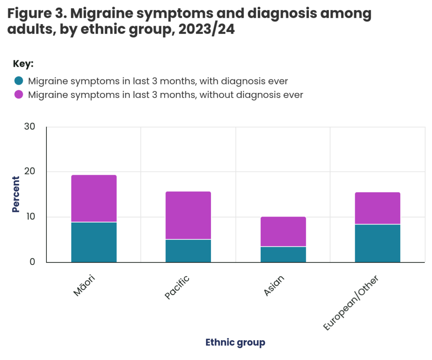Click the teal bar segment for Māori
94,242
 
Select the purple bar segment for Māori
94,198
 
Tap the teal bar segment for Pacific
188,251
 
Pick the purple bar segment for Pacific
188,215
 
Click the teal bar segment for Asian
283,254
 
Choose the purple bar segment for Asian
283,231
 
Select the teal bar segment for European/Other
377,243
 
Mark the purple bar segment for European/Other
377,208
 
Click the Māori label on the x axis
84,285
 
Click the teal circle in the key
19,81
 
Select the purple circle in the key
19,95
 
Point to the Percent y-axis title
16,194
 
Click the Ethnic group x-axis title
235,342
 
